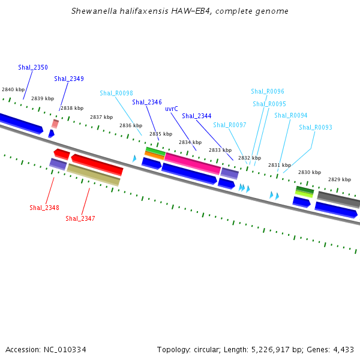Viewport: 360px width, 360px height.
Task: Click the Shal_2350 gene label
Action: click(x=33, y=67)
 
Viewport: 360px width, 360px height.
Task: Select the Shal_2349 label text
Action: click(x=69, y=79)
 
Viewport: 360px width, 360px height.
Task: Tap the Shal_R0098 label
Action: click(x=116, y=93)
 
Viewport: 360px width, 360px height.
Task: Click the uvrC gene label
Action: click(x=172, y=109)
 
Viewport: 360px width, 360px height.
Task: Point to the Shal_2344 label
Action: click(x=197, y=116)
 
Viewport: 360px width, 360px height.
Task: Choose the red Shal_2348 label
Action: click(x=44, y=208)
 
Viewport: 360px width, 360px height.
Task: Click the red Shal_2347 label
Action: click(x=80, y=218)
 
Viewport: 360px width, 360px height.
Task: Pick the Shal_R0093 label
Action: click(x=316, y=127)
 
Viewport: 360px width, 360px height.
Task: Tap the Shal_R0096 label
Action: click(x=268, y=92)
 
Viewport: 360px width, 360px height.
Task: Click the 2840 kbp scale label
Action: click(x=13, y=89)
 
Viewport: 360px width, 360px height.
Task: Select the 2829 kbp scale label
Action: click(x=340, y=179)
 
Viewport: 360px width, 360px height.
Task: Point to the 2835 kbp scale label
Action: click(x=161, y=134)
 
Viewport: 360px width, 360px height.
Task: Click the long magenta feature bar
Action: click(x=193, y=163)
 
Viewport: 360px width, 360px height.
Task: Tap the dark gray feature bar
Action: click(x=338, y=200)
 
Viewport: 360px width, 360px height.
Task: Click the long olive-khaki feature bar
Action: click(x=94, y=175)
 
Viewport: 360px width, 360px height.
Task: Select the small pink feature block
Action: click(x=55, y=124)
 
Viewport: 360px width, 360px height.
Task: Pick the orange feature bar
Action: click(x=155, y=155)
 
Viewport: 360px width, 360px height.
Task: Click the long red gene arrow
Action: click(x=97, y=165)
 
